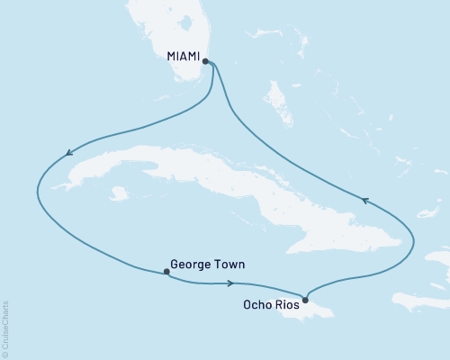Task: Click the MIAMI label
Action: (184, 56)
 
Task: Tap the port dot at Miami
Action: (206, 62)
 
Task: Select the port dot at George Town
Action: (166, 271)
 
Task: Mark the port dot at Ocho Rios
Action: (306, 301)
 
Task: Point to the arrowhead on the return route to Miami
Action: (364, 201)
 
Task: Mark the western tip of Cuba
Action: (56, 187)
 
